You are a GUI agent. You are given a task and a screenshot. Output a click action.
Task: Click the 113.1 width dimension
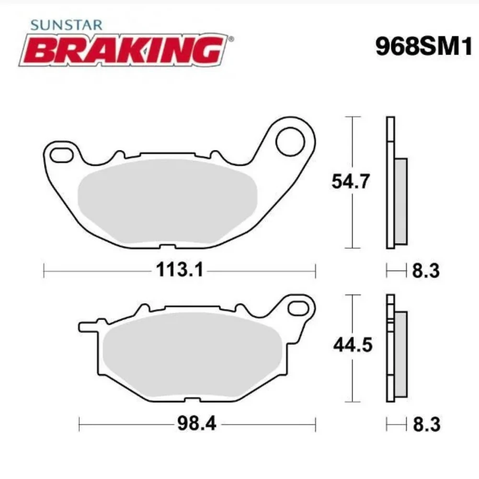(180, 271)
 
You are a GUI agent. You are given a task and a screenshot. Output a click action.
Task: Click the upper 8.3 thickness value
(425, 271)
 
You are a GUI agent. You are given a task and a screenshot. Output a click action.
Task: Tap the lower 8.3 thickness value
(425, 424)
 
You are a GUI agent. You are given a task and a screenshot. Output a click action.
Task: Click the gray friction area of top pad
(168, 201)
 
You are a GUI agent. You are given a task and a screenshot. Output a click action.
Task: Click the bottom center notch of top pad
(165, 247)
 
